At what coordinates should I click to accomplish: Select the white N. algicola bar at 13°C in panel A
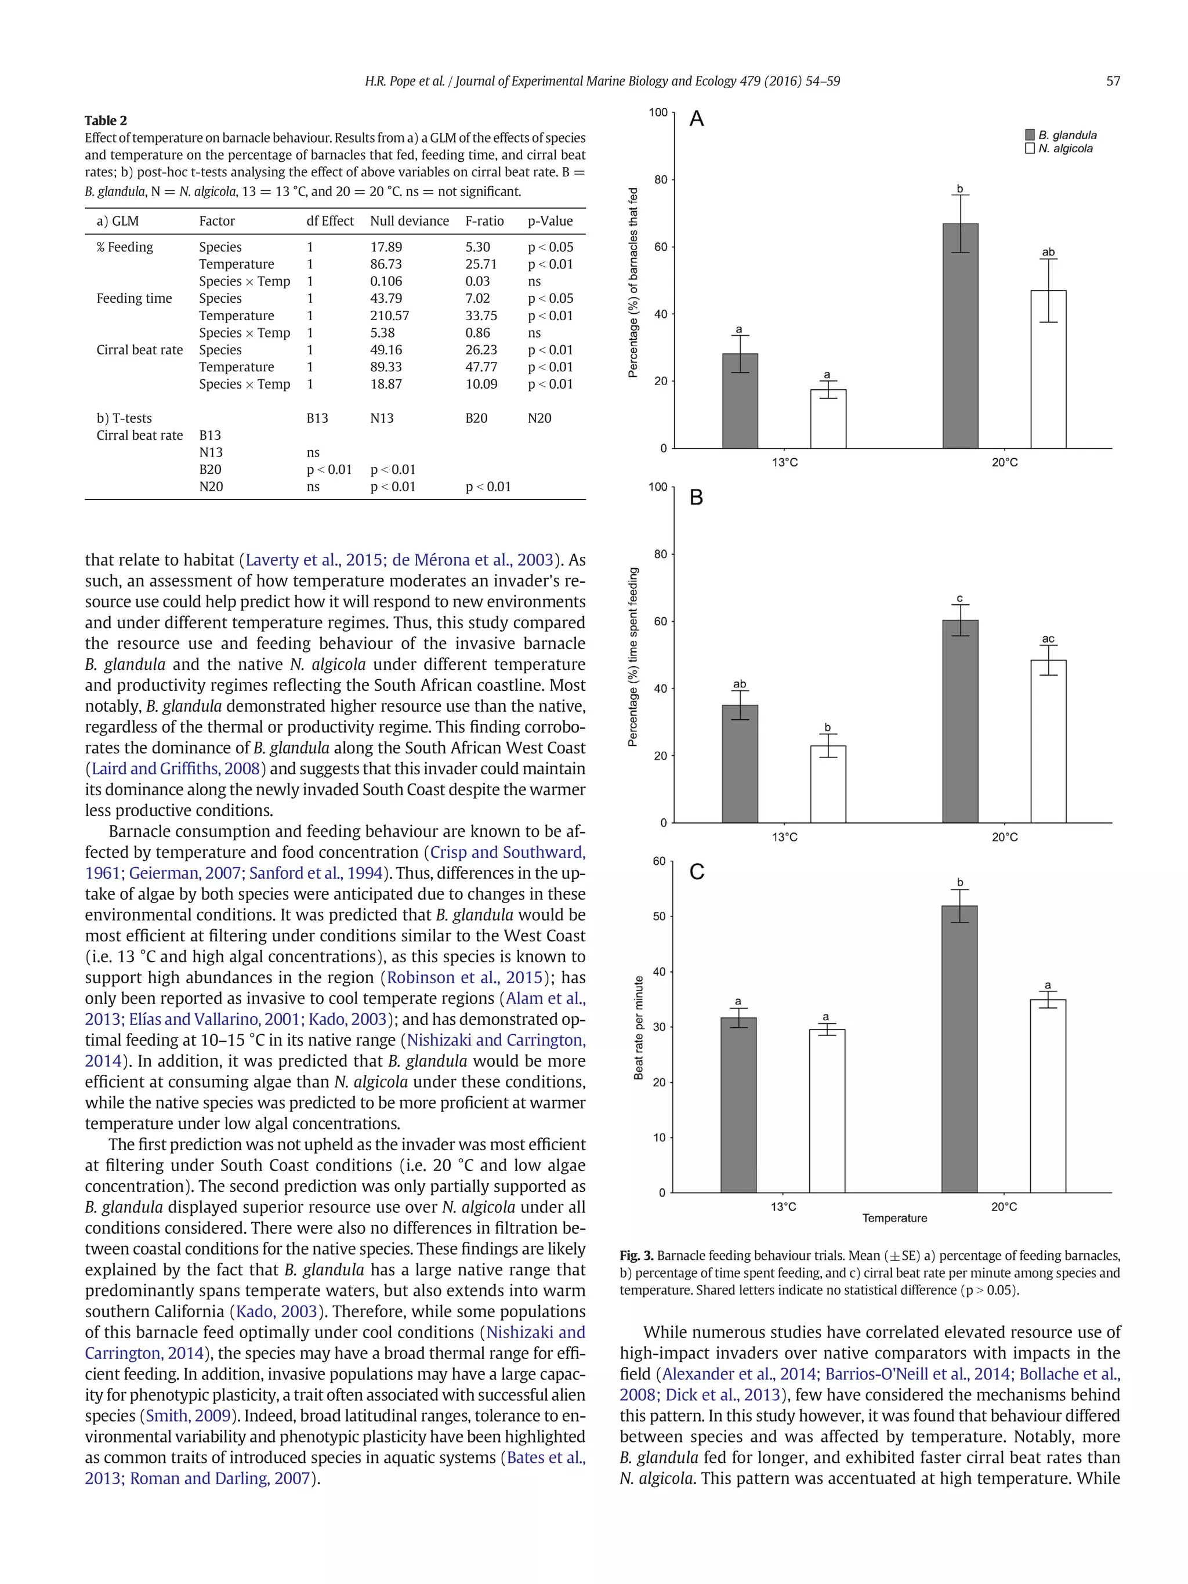pyautogui.click(x=828, y=419)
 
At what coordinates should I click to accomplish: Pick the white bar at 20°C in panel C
pyautogui.click(x=1048, y=1096)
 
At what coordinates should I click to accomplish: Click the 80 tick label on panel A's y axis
pyautogui.click(x=660, y=180)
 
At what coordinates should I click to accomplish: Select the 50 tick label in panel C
pyautogui.click(x=659, y=916)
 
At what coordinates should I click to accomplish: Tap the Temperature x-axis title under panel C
pyautogui.click(x=894, y=1218)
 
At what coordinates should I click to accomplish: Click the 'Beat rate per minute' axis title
pyautogui.click(x=639, y=1028)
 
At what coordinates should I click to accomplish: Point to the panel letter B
pyautogui.click(x=696, y=497)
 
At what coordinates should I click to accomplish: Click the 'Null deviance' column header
pyautogui.click(x=409, y=222)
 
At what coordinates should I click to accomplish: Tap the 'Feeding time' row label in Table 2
pyautogui.click(x=134, y=299)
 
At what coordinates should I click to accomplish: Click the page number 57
pyautogui.click(x=1113, y=82)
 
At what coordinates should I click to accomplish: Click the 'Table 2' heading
pyautogui.click(x=106, y=120)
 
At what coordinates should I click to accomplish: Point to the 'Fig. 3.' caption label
pyautogui.click(x=636, y=1255)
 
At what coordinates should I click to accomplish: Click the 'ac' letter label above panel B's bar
pyautogui.click(x=1048, y=639)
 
